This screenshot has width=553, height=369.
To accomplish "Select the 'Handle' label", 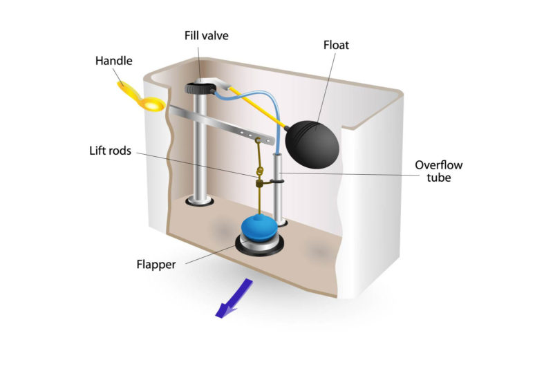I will click(112, 61).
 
